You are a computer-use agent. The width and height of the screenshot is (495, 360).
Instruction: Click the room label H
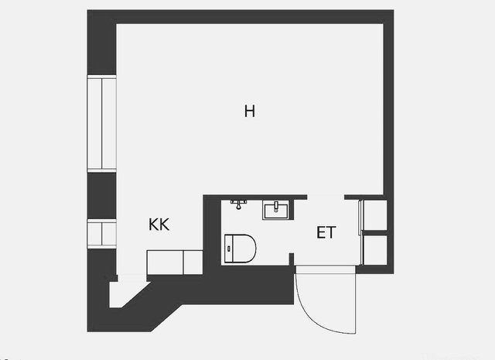pos(249,111)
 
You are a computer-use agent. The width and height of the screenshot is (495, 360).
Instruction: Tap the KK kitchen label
pos(159,225)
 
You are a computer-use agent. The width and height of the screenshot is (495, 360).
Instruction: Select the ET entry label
pos(326,231)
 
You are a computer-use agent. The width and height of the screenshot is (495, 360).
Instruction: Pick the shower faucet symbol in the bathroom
pos(239,204)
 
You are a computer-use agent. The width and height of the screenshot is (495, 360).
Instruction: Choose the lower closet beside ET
pos(375,249)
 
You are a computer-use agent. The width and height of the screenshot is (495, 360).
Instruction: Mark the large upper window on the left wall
pos(101,123)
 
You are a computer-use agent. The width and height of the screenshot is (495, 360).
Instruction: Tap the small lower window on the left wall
pos(101,234)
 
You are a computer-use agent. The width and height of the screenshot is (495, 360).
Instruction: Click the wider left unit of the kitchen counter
pos(164,262)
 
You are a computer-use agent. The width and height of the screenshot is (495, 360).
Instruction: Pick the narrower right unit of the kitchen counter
pos(193,262)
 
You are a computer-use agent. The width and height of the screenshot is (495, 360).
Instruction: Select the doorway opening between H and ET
pos(326,197)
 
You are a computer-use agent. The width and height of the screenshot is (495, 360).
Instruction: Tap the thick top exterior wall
pos(240,16)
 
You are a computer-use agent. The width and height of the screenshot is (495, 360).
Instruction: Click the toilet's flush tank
pos(227,249)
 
